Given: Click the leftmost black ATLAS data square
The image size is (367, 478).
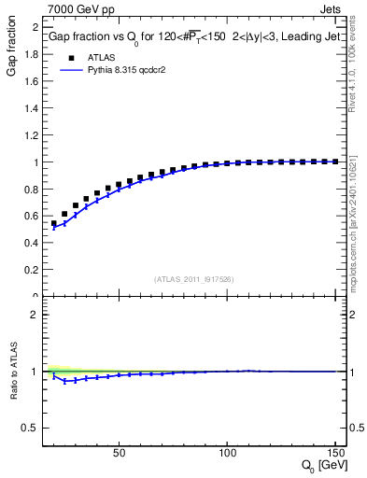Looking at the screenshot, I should (x=54, y=224).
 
